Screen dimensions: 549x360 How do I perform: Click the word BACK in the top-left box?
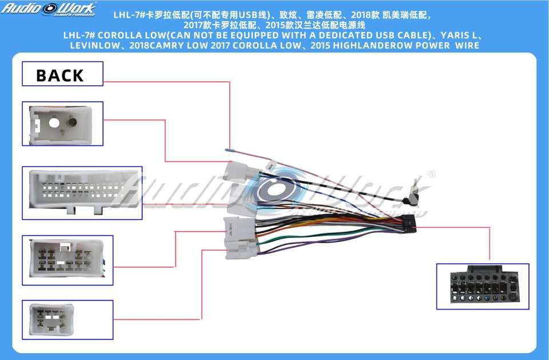coord(59,75)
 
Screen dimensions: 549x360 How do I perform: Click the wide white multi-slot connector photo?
coord(81,192)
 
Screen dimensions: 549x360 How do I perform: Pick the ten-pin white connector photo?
coord(67,259)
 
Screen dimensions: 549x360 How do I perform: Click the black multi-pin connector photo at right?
coord(482,286)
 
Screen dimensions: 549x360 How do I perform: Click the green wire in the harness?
coord(309,236)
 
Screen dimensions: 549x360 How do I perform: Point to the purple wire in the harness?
coord(320,244)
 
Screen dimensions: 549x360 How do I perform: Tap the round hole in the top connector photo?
coord(53,122)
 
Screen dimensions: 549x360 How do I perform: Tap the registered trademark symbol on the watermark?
coord(431,174)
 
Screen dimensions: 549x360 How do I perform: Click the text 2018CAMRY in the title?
coord(158,45)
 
